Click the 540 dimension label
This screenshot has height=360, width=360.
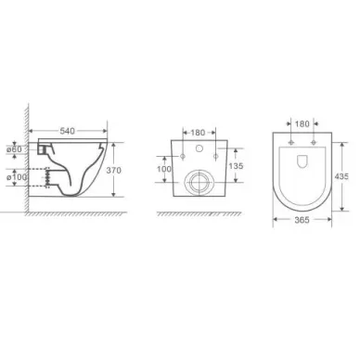click(x=67, y=131)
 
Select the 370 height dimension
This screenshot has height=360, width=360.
click(x=114, y=171)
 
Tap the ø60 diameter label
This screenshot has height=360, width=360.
click(x=15, y=149)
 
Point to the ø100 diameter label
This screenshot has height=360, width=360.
click(x=17, y=177)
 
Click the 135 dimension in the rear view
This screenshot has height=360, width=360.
click(x=236, y=166)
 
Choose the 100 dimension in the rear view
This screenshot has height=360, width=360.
click(x=164, y=169)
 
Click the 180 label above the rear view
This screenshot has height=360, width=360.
click(x=198, y=133)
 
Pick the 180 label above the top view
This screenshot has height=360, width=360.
click(x=302, y=124)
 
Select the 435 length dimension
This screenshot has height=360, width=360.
click(x=341, y=176)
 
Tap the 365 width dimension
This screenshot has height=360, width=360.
click(x=302, y=220)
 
